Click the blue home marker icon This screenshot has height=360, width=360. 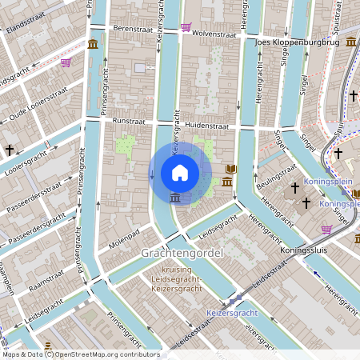(179, 173)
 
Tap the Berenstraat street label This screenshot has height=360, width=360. (133, 28)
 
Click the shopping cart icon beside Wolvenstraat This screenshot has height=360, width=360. (186, 27)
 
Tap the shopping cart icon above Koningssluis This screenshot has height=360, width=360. (326, 230)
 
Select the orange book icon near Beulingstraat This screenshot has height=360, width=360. (231, 170)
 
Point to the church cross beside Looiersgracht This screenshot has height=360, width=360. (10, 150)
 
